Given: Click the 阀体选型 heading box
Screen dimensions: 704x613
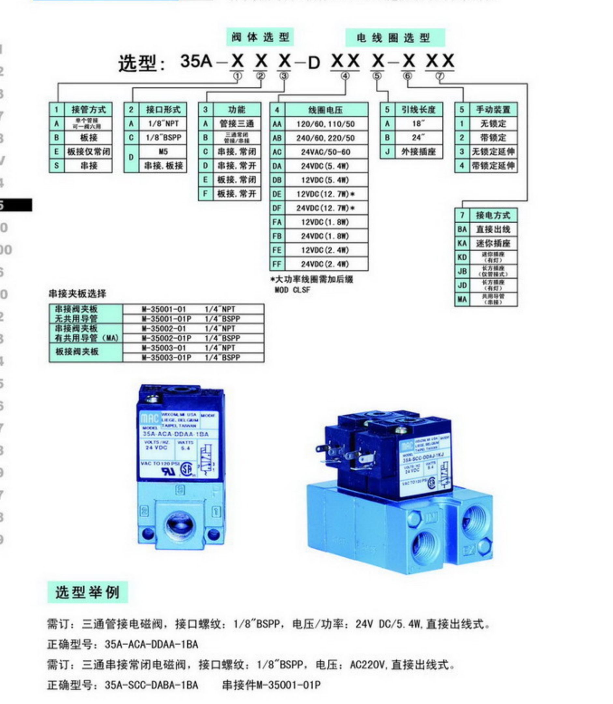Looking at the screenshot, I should click(x=260, y=37).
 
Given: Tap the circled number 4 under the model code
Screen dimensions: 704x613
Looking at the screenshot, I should click(x=345, y=76).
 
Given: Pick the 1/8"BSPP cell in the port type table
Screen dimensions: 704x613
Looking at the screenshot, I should click(x=163, y=138).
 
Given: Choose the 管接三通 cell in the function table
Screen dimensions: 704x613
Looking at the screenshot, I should click(x=237, y=124).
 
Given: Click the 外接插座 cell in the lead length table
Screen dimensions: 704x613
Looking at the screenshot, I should click(x=418, y=152).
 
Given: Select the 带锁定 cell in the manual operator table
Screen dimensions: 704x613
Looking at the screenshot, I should click(x=492, y=138).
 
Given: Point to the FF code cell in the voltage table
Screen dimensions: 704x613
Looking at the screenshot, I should click(x=277, y=264).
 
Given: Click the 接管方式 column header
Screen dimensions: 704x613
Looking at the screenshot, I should click(x=88, y=110).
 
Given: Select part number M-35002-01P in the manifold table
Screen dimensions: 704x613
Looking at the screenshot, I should click(x=166, y=338).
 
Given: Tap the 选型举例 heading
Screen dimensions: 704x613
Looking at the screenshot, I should click(x=88, y=592).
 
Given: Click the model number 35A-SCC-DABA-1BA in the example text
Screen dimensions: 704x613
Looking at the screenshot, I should click(x=151, y=685).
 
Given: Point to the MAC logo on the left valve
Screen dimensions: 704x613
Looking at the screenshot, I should click(x=150, y=418).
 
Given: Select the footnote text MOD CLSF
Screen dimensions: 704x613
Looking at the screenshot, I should click(x=292, y=290).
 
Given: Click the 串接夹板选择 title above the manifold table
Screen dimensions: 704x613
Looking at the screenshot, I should click(x=77, y=294).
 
